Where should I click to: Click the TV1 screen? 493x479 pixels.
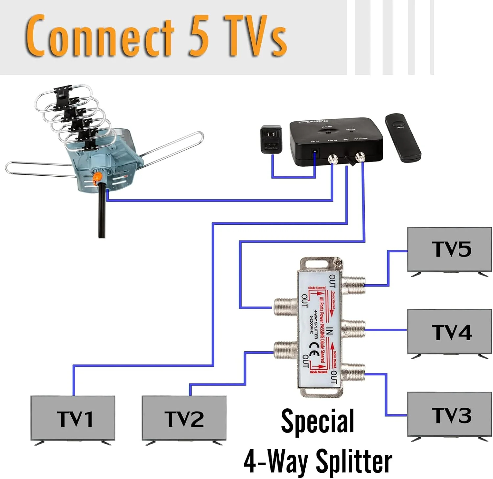(73, 418)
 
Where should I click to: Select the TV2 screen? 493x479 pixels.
(184, 418)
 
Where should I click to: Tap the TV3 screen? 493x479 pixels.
(450, 414)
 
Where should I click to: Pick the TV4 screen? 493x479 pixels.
(450, 331)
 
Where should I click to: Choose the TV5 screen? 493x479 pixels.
(450, 249)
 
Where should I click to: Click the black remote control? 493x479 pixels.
(403, 137)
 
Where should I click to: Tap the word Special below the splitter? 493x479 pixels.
(317, 421)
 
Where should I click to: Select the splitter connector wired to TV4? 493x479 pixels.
(354, 329)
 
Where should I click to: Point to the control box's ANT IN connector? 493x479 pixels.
(333, 160)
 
